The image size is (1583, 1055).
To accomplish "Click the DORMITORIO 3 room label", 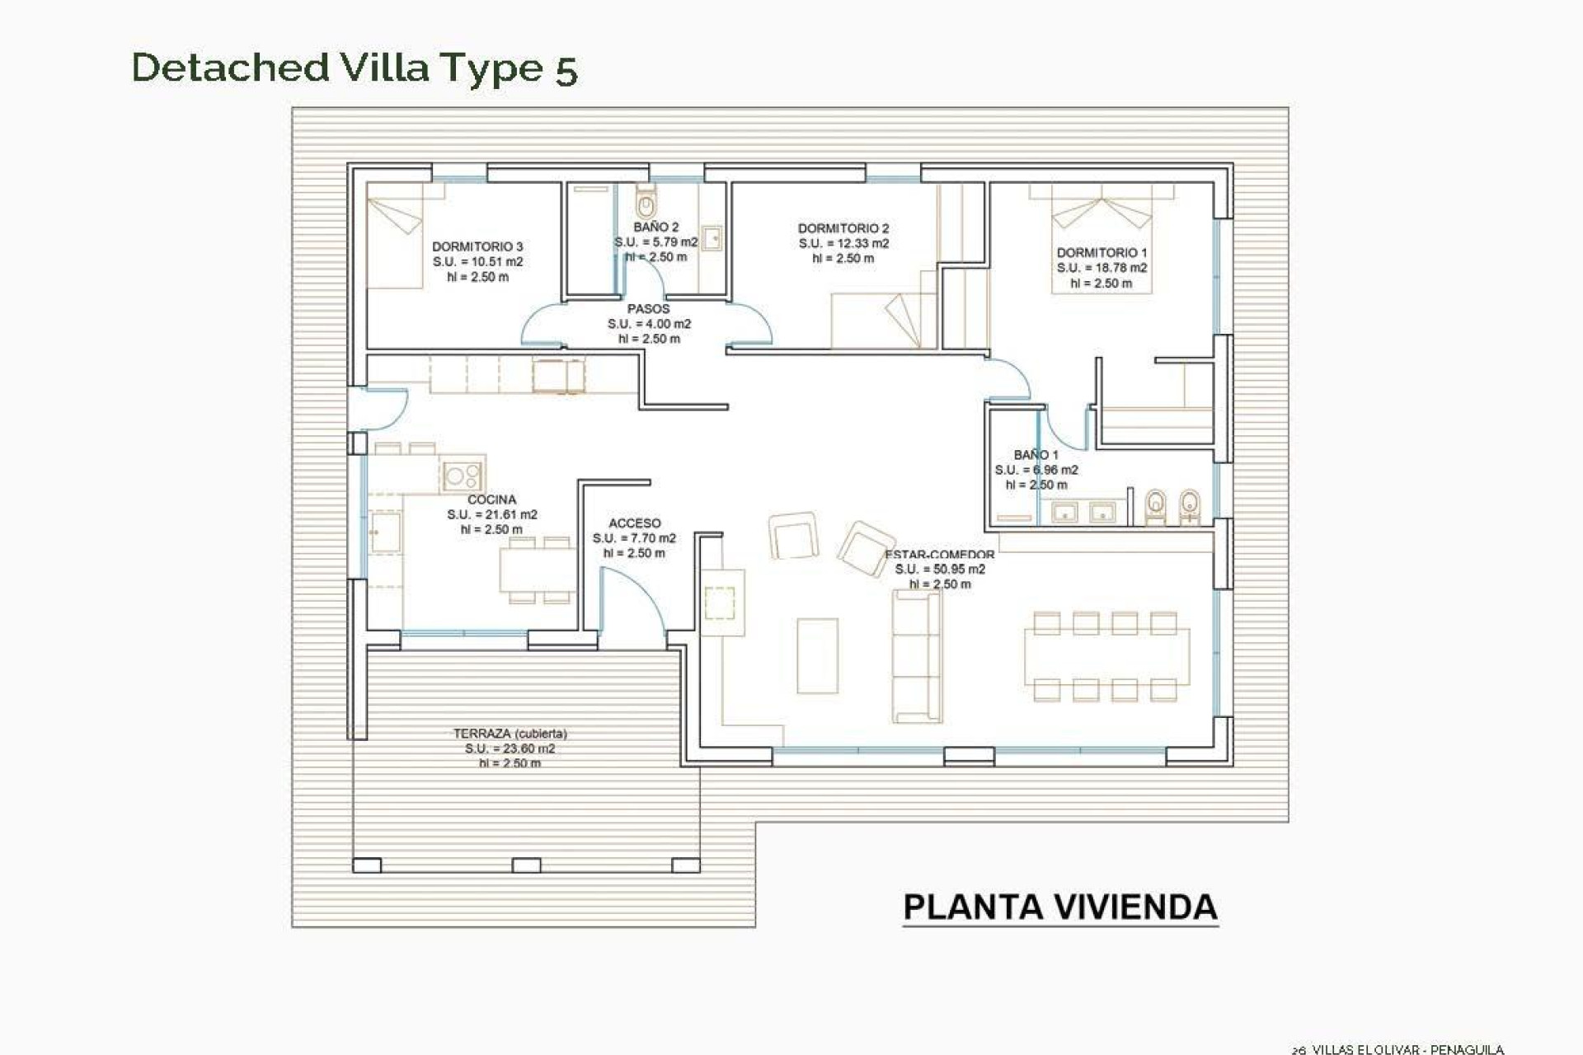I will coord(477,246).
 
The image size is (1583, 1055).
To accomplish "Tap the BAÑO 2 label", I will coord(656,227).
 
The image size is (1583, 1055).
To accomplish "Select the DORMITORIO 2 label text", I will coord(843,228).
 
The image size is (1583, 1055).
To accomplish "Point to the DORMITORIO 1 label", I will coord(1102,253).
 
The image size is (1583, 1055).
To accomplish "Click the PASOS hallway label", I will coord(649,309).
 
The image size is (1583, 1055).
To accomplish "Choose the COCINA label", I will coord(491,499).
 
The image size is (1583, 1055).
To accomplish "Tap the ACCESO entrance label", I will coord(634,523).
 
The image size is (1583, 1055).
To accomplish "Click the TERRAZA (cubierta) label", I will coord(510,734).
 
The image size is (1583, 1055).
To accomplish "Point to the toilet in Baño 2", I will coord(646,201).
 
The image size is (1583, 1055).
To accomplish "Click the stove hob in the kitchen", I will coord(462,475).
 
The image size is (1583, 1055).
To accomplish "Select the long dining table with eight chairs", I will coord(1106,657).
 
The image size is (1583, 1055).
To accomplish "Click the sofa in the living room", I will coord(917,656).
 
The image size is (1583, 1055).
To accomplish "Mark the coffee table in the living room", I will coord(817,656).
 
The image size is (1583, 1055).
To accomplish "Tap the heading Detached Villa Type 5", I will coord(355,68).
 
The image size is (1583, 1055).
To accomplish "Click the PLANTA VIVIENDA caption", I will coord(1059,907).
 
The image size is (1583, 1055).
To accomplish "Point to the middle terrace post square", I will coord(526,865).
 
